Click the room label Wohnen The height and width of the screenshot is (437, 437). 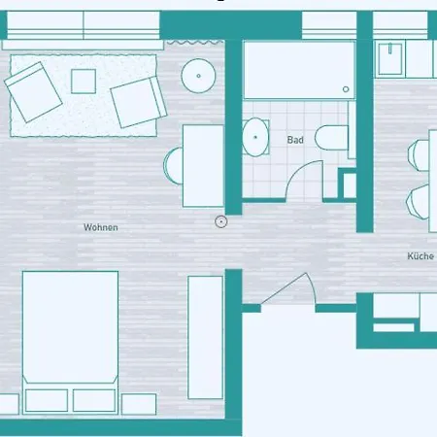pos(100,227)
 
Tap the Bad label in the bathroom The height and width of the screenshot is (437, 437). pos(295,140)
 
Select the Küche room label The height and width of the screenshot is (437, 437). pos(420,256)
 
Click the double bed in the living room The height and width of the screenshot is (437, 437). pos(70,327)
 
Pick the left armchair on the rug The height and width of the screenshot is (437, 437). pos(35,89)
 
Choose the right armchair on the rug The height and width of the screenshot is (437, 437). pos(136,101)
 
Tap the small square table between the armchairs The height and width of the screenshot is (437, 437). pos(84,81)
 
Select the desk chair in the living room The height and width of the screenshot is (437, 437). pos(173,164)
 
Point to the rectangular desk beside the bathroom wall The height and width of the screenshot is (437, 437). pos(203,165)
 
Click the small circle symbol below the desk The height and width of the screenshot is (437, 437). pos(221,221)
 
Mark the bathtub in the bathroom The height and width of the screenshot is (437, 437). pos(299,70)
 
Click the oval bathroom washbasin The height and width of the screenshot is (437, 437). pos(255,136)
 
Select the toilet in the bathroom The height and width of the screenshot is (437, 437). pos(333,139)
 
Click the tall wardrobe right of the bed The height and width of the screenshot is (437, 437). pos(205,336)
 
